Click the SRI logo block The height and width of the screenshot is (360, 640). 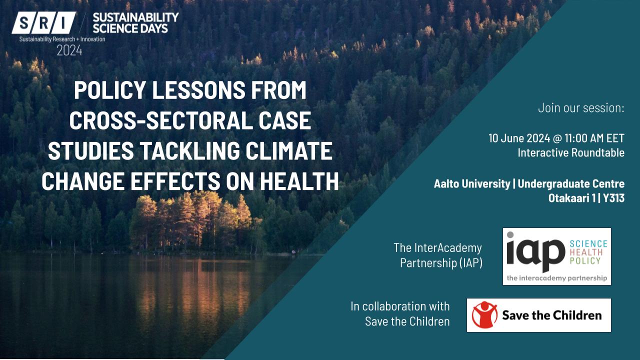point(43,23)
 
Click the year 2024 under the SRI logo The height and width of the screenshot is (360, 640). point(69,51)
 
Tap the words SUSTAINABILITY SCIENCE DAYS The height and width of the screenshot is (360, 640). point(135,23)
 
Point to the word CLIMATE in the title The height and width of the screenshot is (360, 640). point(289,150)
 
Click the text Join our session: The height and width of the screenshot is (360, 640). point(581,108)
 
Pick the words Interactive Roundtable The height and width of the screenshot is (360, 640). point(571,153)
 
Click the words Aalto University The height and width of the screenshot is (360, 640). point(472,183)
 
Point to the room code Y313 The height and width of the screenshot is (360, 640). point(613,198)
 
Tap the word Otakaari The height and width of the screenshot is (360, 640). point(569,198)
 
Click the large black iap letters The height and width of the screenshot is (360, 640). point(535,253)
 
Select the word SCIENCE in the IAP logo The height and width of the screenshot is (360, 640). point(588,243)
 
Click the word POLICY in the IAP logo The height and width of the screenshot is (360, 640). point(585,260)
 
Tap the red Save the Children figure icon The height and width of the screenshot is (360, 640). point(484,314)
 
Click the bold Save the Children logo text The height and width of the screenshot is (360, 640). point(552,315)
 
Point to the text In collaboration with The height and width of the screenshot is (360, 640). point(400,306)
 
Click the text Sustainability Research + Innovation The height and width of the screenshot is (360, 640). point(62,39)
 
